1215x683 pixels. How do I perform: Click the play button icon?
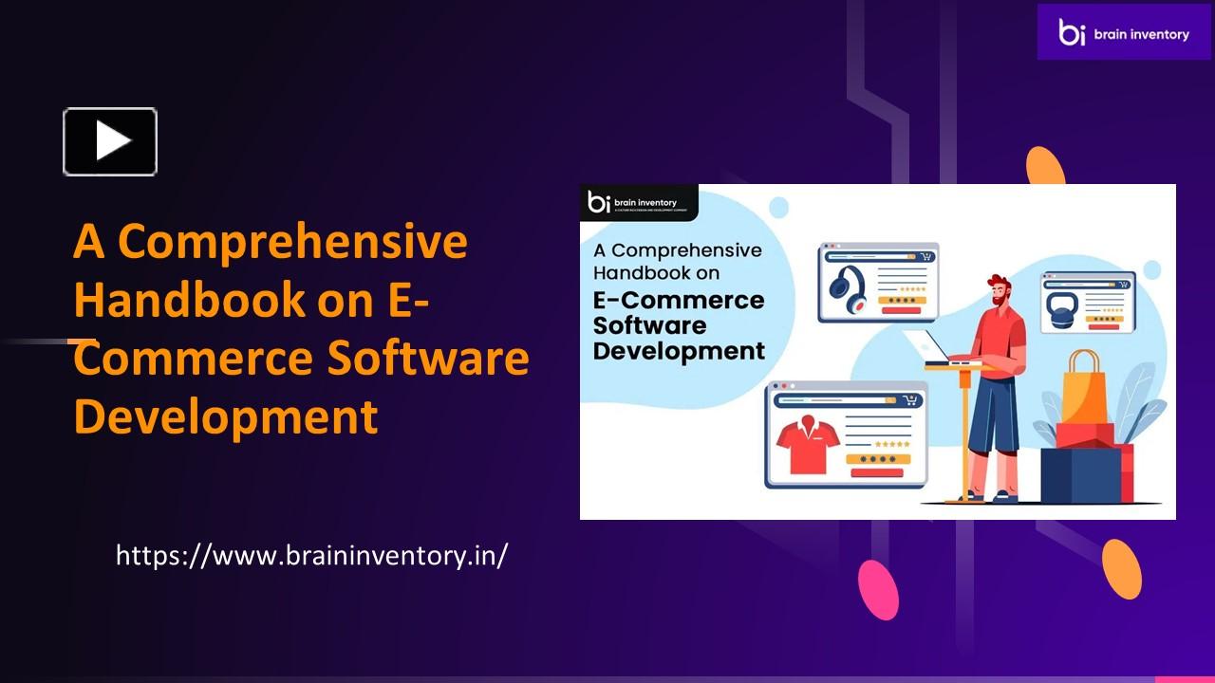[x=110, y=141]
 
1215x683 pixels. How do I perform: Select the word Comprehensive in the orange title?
[x=292, y=242]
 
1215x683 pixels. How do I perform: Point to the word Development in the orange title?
[x=226, y=416]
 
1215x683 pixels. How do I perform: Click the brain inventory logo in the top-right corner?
[x=1124, y=32]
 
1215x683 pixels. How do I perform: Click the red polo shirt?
[x=804, y=445]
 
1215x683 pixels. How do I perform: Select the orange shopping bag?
[x=1083, y=389]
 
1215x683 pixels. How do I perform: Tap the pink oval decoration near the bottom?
[x=878, y=589]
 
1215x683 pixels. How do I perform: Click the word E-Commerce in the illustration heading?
[x=678, y=301]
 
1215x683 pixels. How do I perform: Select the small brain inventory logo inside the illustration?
[x=638, y=202]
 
